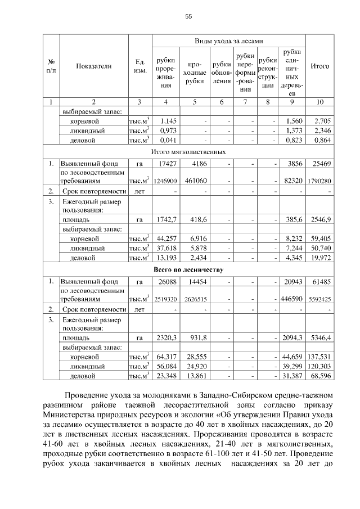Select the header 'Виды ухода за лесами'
[x=229, y=41]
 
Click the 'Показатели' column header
[x=94, y=66]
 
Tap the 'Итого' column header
[x=319, y=66]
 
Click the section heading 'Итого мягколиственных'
[x=188, y=152]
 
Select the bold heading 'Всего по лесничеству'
[x=188, y=269]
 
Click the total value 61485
[x=321, y=281]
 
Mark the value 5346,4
[x=319, y=337]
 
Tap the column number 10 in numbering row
[x=319, y=102]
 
